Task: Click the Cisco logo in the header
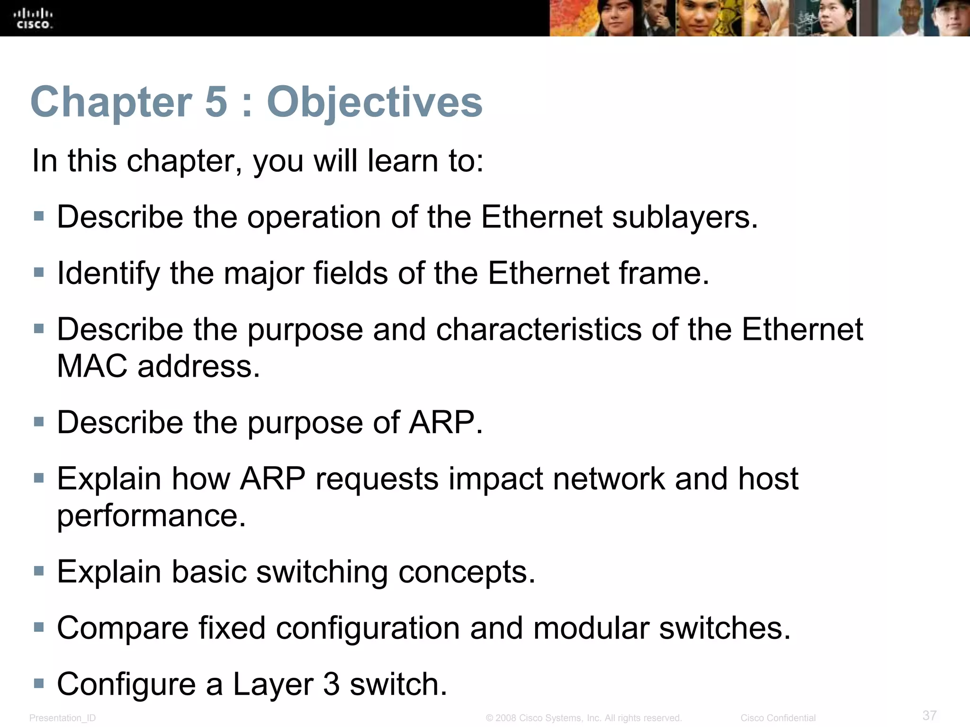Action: click(x=33, y=18)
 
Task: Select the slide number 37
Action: click(x=929, y=715)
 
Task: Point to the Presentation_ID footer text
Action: click(x=63, y=718)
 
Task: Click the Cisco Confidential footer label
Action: click(x=778, y=718)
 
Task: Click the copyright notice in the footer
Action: click(x=584, y=718)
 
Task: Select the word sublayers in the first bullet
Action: click(x=685, y=217)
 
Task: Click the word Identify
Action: click(x=108, y=274)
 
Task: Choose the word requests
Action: click(x=377, y=479)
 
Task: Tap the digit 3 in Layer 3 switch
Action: click(x=332, y=684)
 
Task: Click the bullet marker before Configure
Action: click(x=39, y=683)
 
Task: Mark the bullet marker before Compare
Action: click(x=39, y=627)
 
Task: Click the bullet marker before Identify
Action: click(x=39, y=272)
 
